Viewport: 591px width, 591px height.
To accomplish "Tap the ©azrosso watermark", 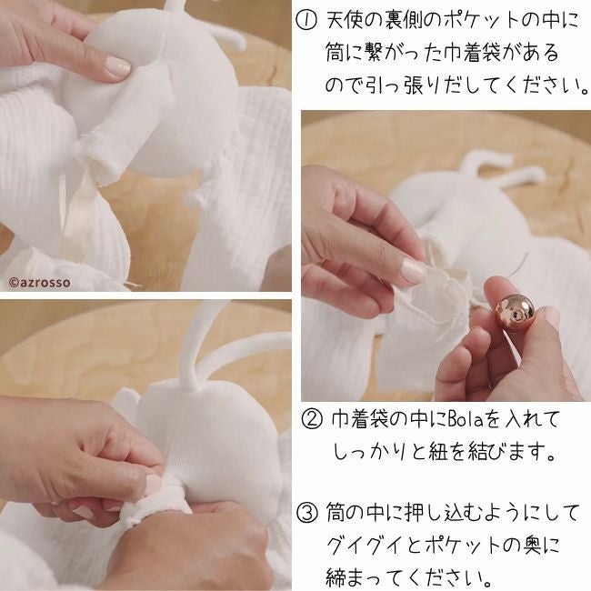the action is pos(40,282).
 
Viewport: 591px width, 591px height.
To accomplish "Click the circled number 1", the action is pos(306,21).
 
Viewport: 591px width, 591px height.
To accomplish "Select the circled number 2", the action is pos(312,420).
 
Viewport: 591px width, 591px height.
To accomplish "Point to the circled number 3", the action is pos(306,514).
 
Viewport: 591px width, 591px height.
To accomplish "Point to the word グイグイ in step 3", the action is pos(366,546).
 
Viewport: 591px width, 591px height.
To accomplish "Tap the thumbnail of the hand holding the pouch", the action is pos(414,271).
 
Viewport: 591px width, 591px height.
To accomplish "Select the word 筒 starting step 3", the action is pos(336,514).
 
